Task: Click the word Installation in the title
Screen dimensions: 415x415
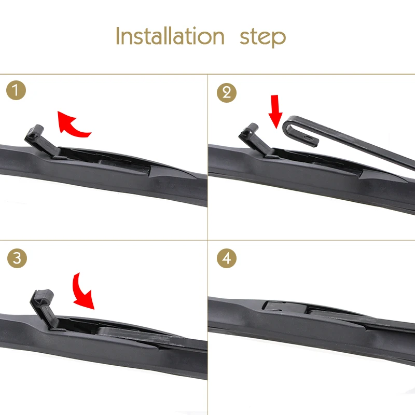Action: click(170, 36)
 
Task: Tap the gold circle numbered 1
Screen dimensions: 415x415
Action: click(16, 90)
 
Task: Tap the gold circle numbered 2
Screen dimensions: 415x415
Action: click(227, 93)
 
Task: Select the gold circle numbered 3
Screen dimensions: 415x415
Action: click(17, 258)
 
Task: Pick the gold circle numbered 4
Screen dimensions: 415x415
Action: click(227, 258)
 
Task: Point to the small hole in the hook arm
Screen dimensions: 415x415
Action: click(308, 137)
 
